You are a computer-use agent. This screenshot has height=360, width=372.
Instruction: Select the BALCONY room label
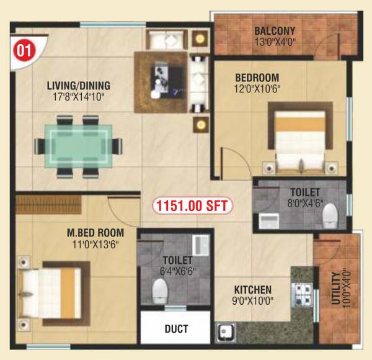pos(274,30)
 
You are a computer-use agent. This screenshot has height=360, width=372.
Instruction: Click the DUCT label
pos(177,329)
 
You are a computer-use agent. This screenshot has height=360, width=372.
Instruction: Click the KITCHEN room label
pos(252,290)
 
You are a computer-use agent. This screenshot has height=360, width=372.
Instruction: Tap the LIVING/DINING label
pos(78,86)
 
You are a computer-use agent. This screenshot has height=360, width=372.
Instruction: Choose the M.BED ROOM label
pos(95,233)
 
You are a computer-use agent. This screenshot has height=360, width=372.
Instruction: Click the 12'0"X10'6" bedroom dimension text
pos(257,88)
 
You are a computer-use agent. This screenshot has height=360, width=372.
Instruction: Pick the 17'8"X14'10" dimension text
pos(78,97)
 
